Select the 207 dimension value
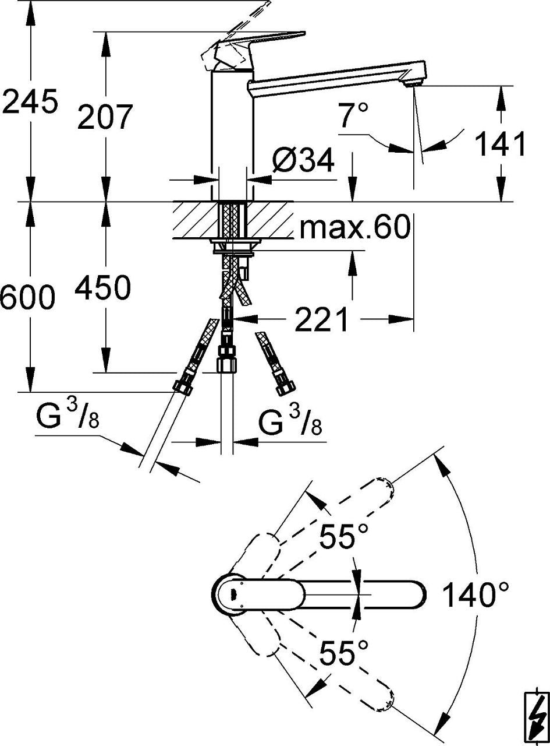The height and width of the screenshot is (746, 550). (x=105, y=117)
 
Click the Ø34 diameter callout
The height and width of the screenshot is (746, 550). (x=303, y=160)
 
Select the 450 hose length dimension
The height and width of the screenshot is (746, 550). (x=102, y=287)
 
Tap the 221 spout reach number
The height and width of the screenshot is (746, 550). (x=321, y=319)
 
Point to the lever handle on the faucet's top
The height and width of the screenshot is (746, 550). (x=256, y=45)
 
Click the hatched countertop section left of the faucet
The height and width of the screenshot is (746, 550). (x=196, y=220)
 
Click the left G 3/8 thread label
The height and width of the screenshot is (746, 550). (x=68, y=417)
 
